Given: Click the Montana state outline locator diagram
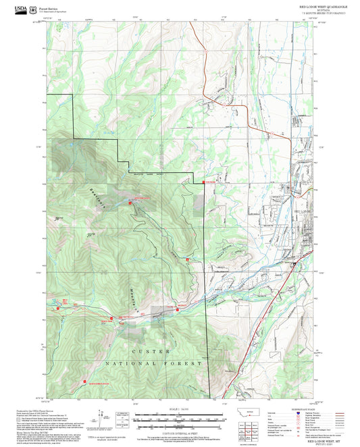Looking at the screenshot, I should tap(253, 413).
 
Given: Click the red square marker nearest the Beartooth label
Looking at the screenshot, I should tap(130, 203).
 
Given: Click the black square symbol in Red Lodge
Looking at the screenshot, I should tap(293, 265).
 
